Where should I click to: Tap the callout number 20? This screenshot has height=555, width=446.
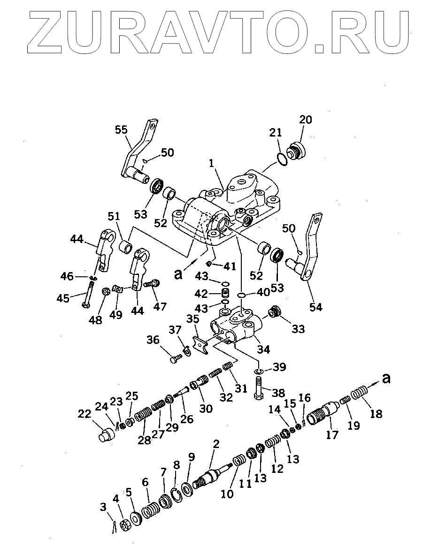coord(305,120)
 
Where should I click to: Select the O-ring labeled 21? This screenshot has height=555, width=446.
coord(282,159)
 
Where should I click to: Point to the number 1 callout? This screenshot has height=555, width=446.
coord(212,164)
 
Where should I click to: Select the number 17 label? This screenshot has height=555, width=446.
coord(332,435)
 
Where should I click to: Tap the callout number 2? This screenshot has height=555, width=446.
coord(216,444)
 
